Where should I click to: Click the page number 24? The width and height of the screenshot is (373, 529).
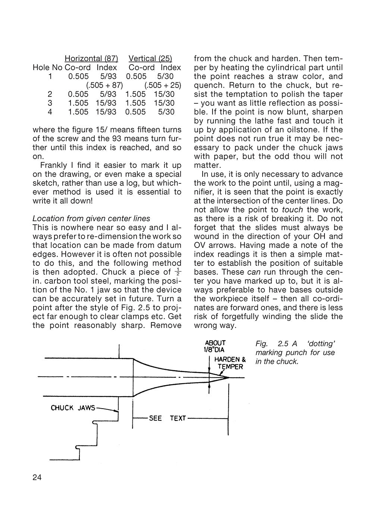pos(37,478)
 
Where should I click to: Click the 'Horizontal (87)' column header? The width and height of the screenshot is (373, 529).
pos(91,59)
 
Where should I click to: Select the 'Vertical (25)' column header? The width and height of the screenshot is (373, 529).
pos(150,59)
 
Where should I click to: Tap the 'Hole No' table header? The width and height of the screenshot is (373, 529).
pos(47,67)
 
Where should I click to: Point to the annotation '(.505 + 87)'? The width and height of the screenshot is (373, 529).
pos(104,85)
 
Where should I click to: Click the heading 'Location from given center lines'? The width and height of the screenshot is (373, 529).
pos(91,219)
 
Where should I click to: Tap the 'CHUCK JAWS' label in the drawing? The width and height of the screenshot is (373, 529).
pos(73,408)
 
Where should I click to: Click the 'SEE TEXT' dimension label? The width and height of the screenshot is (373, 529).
pos(167,418)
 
